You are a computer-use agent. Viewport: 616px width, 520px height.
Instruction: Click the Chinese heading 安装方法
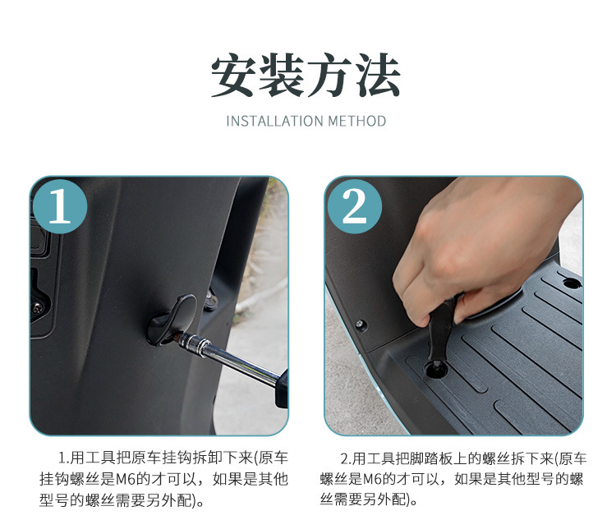tap(306, 75)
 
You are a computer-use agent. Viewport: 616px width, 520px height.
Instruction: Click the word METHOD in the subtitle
tap(357, 121)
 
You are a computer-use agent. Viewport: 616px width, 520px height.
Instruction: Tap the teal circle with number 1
tap(59, 206)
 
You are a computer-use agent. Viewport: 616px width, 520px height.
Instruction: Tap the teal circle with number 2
tap(354, 206)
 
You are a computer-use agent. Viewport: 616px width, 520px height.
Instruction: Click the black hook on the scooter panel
tap(172, 320)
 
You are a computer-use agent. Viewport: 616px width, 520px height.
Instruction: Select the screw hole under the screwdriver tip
tap(436, 370)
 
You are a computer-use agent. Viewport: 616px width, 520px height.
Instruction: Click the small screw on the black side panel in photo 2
tap(361, 324)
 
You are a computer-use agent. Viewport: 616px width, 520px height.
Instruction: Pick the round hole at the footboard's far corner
tap(572, 283)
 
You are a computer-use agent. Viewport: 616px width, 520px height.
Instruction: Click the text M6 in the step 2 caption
tap(372, 479)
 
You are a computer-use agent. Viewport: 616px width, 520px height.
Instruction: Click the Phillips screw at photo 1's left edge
tap(38, 308)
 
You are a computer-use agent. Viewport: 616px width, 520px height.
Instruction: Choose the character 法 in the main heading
tap(378, 75)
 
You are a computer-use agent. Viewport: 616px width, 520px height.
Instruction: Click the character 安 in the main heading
tap(234, 75)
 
